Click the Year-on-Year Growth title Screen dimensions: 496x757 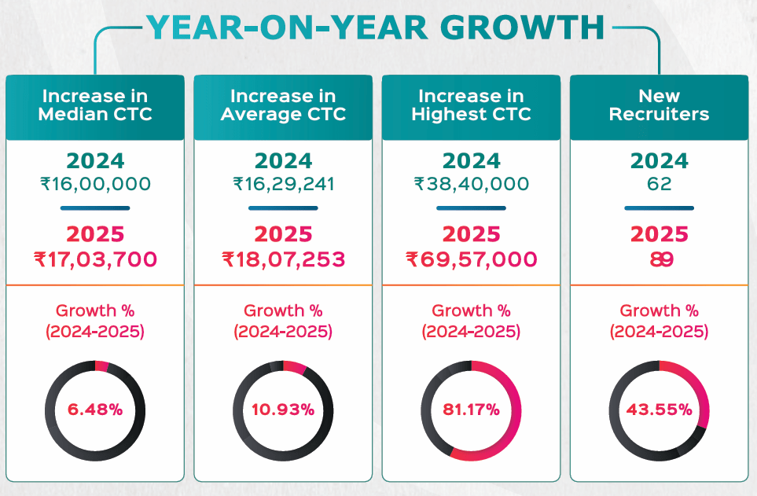tap(375, 28)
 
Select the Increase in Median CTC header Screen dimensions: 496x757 tap(95, 105)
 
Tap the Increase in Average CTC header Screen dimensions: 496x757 tap(283, 105)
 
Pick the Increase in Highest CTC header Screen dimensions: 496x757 tap(471, 105)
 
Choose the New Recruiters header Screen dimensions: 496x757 tap(659, 105)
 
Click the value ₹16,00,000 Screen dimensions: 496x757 tap(95, 185)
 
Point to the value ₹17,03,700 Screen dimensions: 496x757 tap(95, 259)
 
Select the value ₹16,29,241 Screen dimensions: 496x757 tap(283, 185)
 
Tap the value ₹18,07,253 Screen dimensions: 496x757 tap(283, 259)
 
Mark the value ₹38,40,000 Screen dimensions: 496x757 tap(471, 185)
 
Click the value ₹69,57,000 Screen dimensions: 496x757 tap(471, 259)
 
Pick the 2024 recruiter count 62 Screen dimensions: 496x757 tap(659, 185)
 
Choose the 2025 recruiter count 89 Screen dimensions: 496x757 tap(659, 259)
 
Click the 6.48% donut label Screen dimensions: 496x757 tap(95, 410)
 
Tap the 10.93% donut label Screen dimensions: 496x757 tap(283, 410)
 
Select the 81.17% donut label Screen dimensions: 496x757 tap(471, 410)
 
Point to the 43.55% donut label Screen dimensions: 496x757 tap(659, 410)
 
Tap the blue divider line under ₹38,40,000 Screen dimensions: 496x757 tap(471, 208)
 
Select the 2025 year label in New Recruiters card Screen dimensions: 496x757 tap(659, 235)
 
